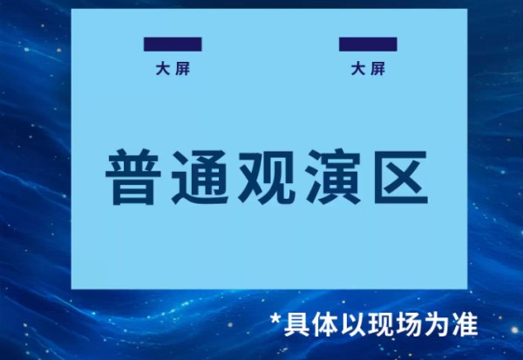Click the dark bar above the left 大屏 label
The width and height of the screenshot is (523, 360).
(x=173, y=44)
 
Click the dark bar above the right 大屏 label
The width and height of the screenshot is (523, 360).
(x=368, y=44)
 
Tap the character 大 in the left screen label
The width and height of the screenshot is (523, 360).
(x=162, y=69)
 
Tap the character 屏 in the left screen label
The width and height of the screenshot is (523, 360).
(x=181, y=69)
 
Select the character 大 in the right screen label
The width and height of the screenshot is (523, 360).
(x=357, y=69)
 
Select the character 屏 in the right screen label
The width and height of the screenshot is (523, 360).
(x=377, y=69)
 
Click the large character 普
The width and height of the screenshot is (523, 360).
(x=132, y=177)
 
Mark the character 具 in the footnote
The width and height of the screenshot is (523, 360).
(x=295, y=325)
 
